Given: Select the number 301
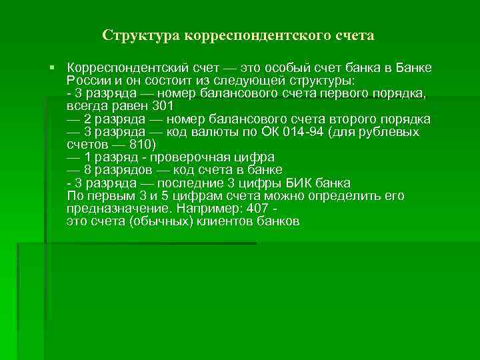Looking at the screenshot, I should (x=162, y=106).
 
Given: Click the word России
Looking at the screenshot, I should (x=87, y=81).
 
